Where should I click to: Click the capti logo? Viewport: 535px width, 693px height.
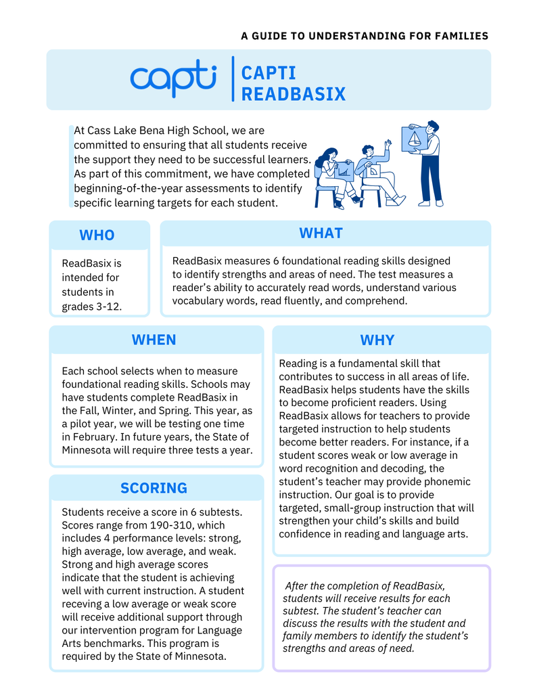click(x=173, y=78)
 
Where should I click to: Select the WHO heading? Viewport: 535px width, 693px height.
click(x=97, y=236)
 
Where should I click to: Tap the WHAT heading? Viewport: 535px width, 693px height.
click(x=321, y=233)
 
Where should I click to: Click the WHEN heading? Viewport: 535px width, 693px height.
click(x=154, y=340)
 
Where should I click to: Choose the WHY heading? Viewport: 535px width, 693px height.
click(x=377, y=340)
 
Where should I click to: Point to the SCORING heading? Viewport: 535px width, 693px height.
click(x=154, y=488)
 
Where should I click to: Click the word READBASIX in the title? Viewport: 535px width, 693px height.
click(x=294, y=94)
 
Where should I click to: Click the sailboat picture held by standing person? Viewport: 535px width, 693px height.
click(x=413, y=139)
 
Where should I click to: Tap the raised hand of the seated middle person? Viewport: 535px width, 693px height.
click(x=388, y=143)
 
